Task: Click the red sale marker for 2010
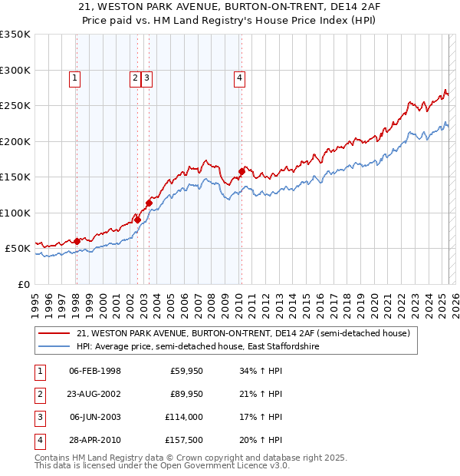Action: (242, 171)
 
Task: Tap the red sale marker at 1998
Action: (77, 241)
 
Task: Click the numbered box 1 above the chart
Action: (74, 77)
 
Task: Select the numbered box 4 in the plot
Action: (239, 77)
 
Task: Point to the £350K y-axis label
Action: (15, 35)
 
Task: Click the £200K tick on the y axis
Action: (15, 141)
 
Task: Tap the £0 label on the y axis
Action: (24, 284)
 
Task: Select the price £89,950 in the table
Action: (185, 395)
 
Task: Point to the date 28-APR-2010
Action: (94, 440)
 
